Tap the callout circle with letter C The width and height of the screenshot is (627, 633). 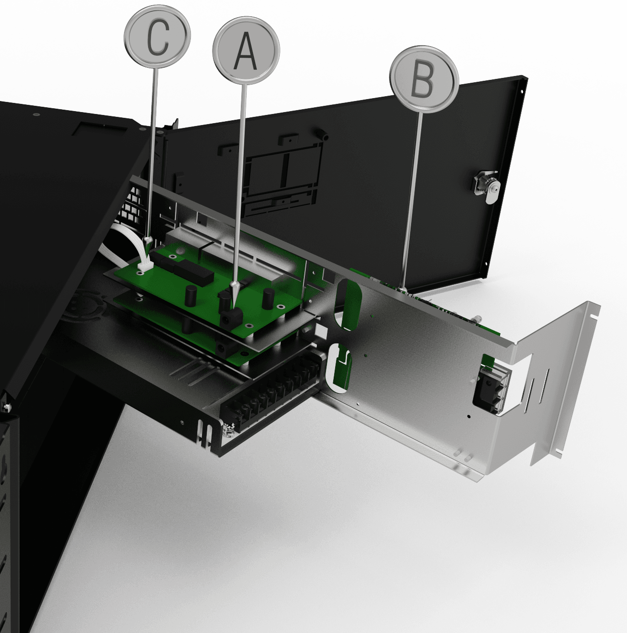coord(158,36)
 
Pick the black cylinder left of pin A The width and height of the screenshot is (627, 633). coord(190,296)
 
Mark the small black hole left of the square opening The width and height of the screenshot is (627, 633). coord(469,416)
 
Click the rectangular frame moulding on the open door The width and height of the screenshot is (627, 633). coord(282,177)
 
